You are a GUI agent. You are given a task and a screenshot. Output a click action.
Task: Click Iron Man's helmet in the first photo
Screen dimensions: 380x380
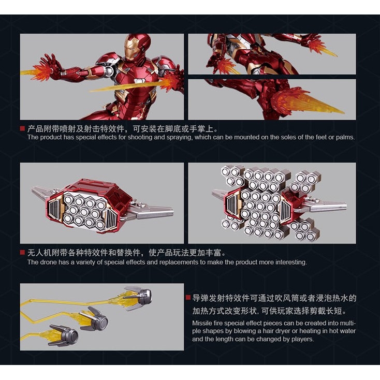click(x=136, y=48)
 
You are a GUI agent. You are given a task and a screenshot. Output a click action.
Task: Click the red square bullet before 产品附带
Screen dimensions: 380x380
click(x=23, y=128)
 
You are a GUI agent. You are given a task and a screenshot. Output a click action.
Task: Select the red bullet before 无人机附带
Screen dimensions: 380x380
click(x=23, y=253)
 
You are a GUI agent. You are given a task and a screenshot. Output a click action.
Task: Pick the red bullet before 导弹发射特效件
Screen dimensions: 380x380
click(x=188, y=298)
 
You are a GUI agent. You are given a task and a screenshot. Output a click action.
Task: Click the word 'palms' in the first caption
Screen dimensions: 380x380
click(x=345, y=137)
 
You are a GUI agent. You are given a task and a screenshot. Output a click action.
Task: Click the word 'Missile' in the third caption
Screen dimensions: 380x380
click(x=202, y=323)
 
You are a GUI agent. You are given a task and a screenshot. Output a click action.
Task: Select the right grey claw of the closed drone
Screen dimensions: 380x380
click(x=154, y=211)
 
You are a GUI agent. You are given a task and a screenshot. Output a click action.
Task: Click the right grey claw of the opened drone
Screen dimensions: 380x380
click(x=330, y=204)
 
